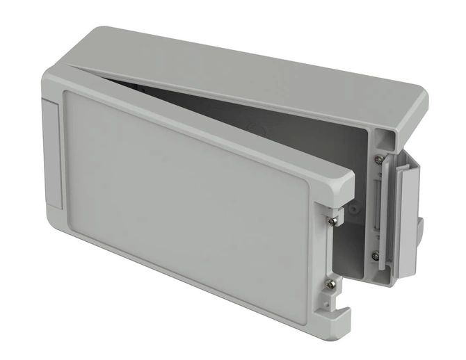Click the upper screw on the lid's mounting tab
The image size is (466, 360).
click(335, 220)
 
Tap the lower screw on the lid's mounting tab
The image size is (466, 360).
click(332, 284)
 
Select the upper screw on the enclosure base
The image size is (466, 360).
click(378, 160)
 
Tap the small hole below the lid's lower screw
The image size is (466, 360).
click(324, 306)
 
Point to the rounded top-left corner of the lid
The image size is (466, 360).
click(52, 69)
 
